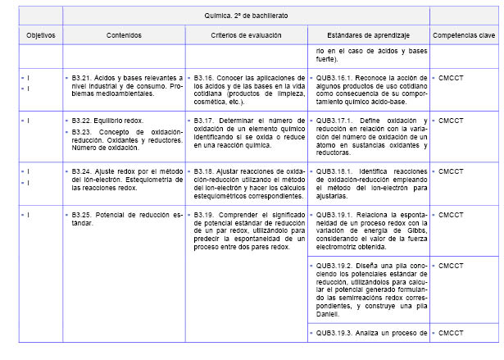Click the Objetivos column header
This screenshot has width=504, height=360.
[x=41, y=36]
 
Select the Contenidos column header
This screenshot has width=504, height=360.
[x=124, y=36]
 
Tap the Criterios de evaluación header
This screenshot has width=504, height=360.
[x=246, y=36]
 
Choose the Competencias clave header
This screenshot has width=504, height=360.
[x=464, y=36]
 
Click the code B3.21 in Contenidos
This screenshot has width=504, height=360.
[x=82, y=78]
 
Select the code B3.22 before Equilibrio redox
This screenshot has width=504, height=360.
[x=82, y=121]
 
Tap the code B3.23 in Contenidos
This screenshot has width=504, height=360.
[x=82, y=131]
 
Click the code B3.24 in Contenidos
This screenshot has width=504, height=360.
[x=82, y=171]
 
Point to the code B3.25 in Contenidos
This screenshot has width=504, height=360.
[x=82, y=214]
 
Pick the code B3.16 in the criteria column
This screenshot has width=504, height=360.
[x=205, y=78]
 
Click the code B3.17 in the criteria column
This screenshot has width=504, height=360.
[x=205, y=121]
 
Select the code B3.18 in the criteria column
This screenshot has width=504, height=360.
[x=205, y=171]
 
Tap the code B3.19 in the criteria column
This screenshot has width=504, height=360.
[x=205, y=214]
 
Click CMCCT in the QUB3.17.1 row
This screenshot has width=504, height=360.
[x=451, y=121]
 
